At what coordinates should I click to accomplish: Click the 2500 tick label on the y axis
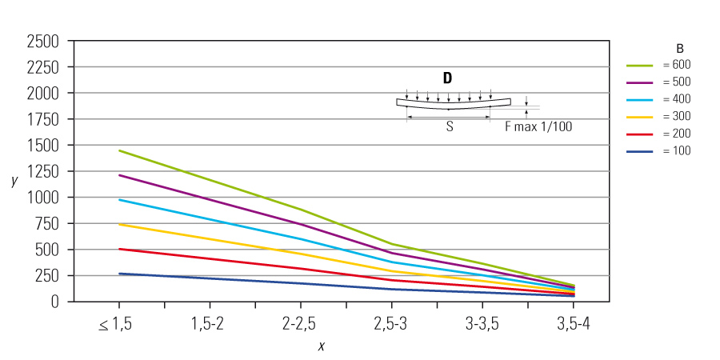tap(42, 42)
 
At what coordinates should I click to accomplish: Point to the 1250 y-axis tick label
tap(42, 172)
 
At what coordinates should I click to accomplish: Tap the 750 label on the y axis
tap(46, 224)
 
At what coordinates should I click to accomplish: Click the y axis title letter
tap(14, 180)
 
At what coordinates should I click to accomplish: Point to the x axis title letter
tap(321, 346)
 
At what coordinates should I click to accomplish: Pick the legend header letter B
tap(679, 47)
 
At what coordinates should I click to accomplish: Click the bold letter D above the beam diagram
tap(447, 78)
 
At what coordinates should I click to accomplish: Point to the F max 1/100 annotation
tap(538, 126)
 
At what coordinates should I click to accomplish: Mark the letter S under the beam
tap(450, 126)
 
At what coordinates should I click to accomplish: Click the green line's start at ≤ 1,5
tap(119, 150)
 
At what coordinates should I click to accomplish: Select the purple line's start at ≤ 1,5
tap(119, 175)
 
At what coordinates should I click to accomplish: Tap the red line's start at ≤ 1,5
tap(119, 249)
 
